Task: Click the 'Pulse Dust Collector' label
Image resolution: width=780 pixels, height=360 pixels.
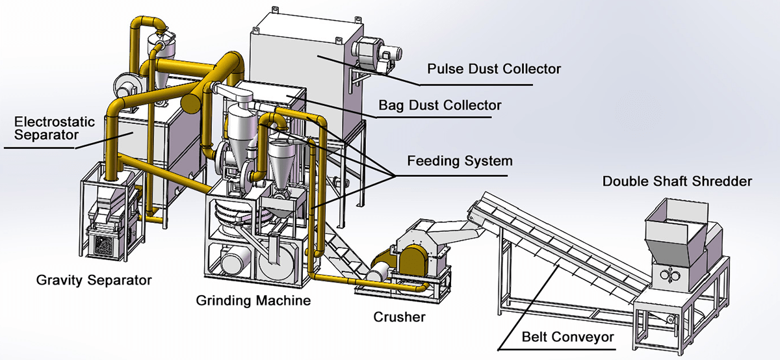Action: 493,69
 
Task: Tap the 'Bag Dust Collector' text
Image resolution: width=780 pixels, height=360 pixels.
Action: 440,105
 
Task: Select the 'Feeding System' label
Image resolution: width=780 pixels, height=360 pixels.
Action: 460,161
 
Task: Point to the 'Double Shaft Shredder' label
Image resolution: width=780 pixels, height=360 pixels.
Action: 677,181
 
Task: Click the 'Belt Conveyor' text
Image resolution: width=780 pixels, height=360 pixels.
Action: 567,338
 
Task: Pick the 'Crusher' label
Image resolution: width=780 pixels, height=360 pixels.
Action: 399,317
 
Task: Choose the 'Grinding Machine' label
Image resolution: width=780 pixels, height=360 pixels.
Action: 253,301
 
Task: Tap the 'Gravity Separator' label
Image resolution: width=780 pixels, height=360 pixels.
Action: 94,281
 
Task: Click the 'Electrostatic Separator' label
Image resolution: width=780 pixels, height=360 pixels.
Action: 54,128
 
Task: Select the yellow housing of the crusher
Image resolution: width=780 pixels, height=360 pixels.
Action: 413,262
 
